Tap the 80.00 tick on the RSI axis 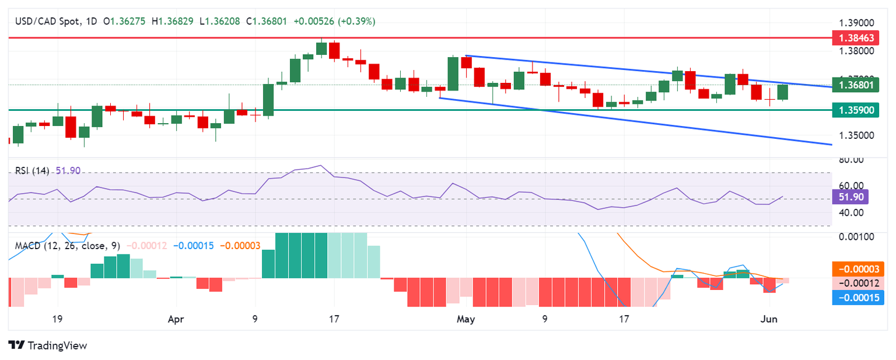coord(850,160)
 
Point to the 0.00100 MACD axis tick coord(856,237)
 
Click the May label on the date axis coord(466,320)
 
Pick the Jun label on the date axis coord(769,320)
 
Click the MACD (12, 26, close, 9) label coord(69,246)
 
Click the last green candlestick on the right coord(782,92)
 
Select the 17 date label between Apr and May coord(334,320)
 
